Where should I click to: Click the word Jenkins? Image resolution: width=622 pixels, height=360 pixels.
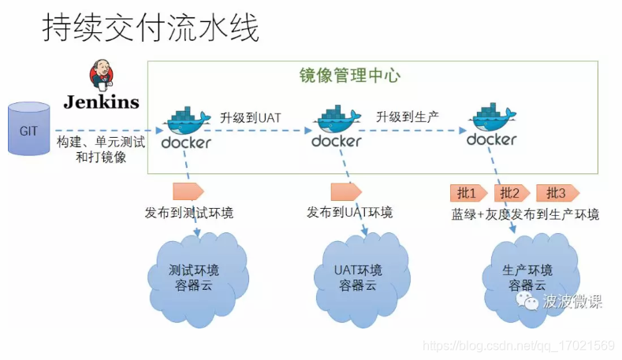click(x=102, y=102)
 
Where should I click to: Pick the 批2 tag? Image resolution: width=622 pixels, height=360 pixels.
click(x=511, y=193)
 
